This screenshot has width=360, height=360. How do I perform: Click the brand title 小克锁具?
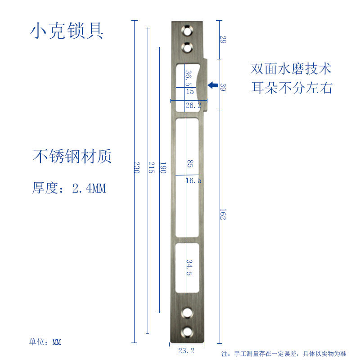coord(67,31)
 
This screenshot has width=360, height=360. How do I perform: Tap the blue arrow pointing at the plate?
coord(212,85)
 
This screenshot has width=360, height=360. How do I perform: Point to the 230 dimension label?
coord(137,168)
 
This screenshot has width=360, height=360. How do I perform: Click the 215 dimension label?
coord(152,168)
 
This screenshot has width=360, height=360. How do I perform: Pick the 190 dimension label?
coord(163,168)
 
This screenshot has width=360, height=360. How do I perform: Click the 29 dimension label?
coord(223,40)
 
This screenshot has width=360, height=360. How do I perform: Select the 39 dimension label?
coord(223,87)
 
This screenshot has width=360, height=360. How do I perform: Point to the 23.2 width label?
coord(186,351)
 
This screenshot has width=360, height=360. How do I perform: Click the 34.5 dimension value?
coord(189,268)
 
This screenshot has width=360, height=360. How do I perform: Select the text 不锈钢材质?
coord(72,156)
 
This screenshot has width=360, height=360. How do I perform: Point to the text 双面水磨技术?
coord(291,69)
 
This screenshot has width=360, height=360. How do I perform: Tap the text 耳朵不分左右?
coord(292,88)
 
